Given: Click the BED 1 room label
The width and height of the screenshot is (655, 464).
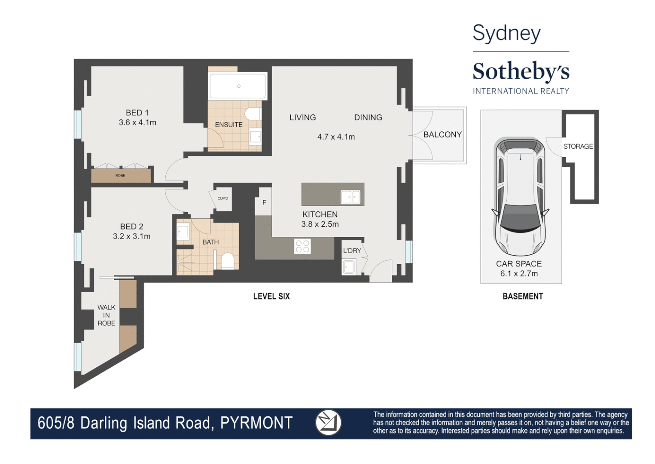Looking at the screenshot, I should (137, 113).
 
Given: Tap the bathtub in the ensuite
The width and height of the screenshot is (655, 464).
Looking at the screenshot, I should (238, 86).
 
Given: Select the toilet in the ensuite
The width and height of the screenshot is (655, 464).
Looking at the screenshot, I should (253, 114).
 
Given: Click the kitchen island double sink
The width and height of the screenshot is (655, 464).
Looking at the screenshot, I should (350, 197).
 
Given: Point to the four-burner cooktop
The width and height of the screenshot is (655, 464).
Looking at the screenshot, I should (302, 246).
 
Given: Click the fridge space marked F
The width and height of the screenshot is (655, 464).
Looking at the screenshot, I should (264, 202).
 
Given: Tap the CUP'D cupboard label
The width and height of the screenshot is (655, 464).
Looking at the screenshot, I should (222, 198).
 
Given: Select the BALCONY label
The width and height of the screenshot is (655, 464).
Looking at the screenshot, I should (442, 134).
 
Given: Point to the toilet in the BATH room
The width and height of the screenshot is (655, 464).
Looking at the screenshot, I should (227, 261).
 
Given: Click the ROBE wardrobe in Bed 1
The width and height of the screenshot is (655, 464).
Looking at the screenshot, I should (121, 175).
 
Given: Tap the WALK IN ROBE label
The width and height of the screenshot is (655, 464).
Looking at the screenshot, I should (106, 315).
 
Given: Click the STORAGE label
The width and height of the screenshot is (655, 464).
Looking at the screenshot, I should (578, 146).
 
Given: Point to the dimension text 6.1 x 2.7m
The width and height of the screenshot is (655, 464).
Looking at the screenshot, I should (519, 274).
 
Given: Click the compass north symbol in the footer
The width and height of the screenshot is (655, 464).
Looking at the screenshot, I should (328, 422).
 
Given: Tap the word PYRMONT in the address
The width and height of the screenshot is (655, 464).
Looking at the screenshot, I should (256, 423).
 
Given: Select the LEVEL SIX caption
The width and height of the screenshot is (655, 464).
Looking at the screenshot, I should (271, 296).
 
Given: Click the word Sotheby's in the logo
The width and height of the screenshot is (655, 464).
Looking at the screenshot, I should (521, 71).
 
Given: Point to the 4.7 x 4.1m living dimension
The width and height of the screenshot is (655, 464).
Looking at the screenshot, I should (336, 137).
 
